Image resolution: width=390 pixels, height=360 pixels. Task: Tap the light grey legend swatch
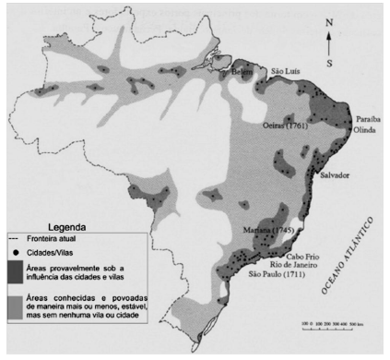click(14, 307)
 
